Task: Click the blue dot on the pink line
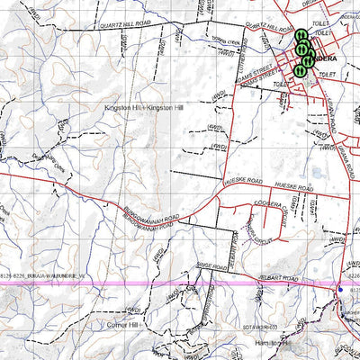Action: click(340, 288)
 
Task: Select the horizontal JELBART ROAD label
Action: click(277, 280)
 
